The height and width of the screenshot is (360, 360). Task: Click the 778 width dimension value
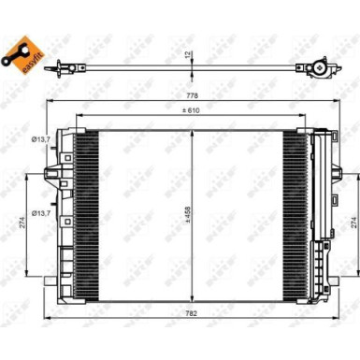tap(192, 95)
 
